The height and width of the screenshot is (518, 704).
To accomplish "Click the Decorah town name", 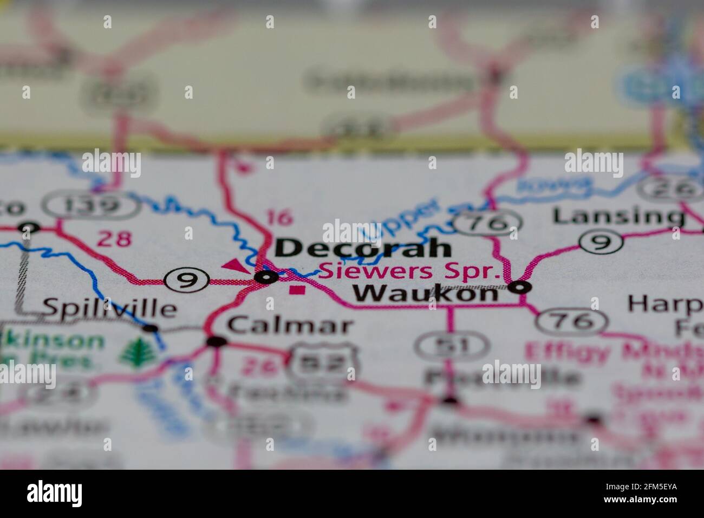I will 363,248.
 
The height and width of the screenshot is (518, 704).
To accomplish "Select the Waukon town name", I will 425,294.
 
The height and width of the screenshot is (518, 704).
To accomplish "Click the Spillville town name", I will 109,308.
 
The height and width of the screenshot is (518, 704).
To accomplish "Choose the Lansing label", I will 618,216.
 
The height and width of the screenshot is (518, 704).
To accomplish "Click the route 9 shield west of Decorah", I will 187,280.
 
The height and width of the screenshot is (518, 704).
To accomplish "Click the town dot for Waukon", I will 522,287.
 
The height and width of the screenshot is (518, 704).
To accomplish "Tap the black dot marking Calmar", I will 217,341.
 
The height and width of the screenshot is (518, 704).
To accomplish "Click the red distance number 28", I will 115,239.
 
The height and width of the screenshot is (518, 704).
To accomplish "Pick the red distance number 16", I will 280,217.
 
